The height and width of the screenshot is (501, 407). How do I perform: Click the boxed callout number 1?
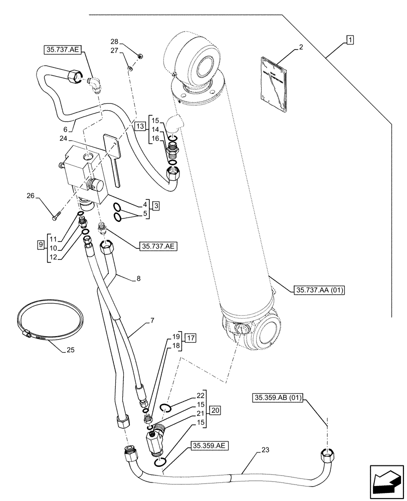click(x=349, y=40)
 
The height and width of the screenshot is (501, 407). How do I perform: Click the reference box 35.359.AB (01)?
click(x=276, y=398)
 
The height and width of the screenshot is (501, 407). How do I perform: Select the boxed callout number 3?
click(x=156, y=205)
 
